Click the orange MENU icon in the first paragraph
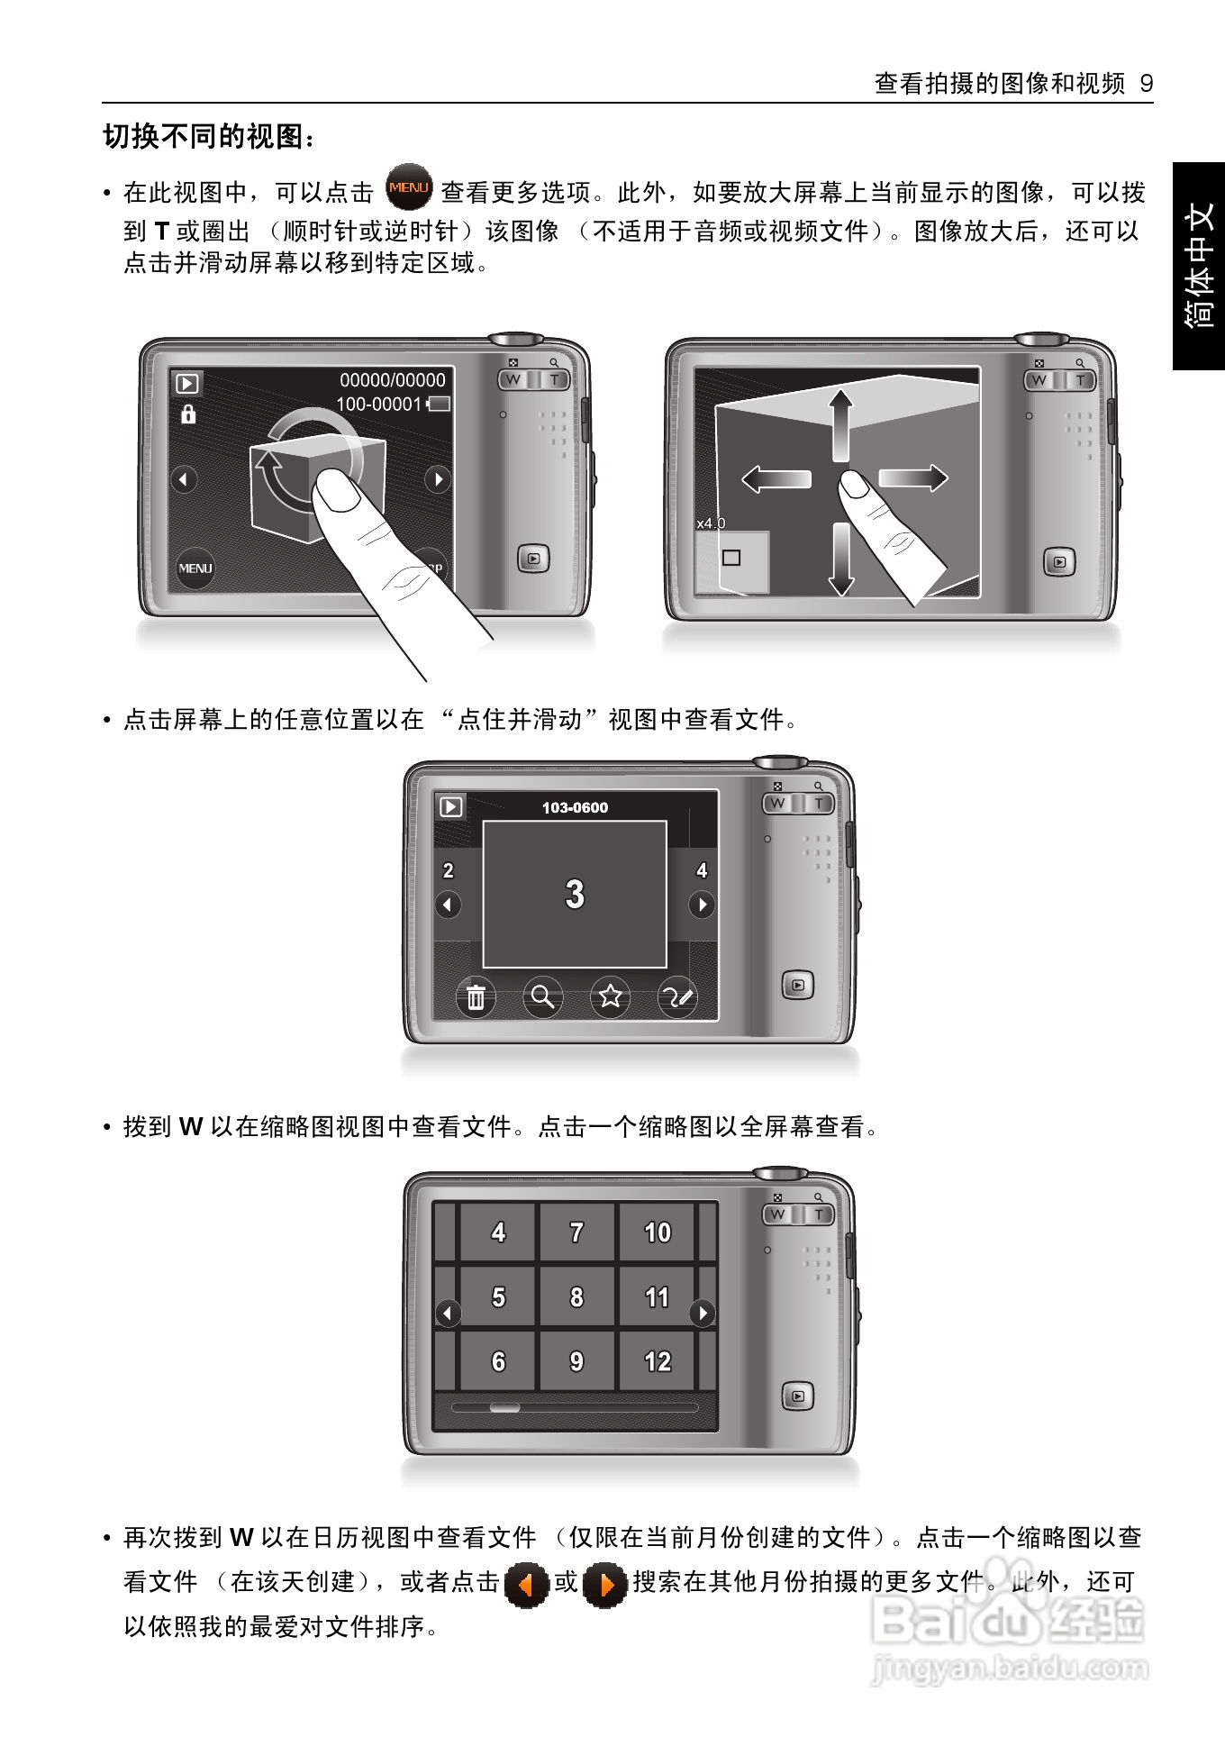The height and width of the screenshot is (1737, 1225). point(409,187)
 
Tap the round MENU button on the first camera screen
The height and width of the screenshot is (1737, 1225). point(195,568)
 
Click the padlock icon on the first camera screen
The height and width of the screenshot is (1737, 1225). point(188,414)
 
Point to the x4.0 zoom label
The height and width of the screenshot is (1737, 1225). point(711,523)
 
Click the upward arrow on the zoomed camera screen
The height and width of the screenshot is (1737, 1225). point(840,426)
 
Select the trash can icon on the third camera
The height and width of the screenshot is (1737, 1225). point(476,997)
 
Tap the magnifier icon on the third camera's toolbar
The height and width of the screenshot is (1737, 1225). point(542,996)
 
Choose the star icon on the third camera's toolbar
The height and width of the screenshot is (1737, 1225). point(611,996)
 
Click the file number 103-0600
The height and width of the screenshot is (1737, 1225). point(575,807)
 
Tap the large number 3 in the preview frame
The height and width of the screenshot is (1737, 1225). point(575,894)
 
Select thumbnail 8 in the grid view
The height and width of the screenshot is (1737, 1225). point(576,1296)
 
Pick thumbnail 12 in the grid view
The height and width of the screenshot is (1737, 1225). point(658,1361)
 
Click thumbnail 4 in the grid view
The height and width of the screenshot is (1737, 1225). point(498,1232)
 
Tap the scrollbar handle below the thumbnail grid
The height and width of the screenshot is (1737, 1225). point(504,1407)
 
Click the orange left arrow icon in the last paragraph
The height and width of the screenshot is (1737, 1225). point(527,1584)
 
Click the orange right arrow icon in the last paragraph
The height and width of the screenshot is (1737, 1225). point(605,1584)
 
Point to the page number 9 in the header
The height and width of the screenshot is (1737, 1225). point(1147,84)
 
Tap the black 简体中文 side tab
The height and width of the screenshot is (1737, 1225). point(1199,266)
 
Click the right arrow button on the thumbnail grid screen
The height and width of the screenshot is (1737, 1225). point(703,1313)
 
